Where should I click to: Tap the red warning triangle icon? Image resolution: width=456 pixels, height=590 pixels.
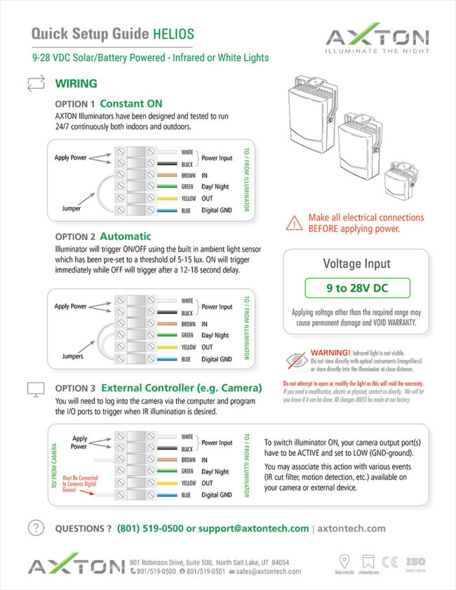pyautogui.click(x=293, y=223)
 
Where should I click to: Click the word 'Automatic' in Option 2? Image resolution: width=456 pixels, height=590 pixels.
pyautogui.click(x=126, y=236)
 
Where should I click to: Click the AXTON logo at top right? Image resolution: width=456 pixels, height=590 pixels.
pyautogui.click(x=377, y=39)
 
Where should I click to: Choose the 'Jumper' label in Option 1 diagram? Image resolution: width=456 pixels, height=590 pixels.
pyautogui.click(x=71, y=208)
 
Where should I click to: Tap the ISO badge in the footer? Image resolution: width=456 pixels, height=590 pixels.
pyautogui.click(x=416, y=563)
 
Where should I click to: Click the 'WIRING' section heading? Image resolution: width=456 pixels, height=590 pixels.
pyautogui.click(x=76, y=83)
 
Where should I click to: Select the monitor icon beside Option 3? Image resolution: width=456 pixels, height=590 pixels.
pyautogui.click(x=35, y=389)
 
